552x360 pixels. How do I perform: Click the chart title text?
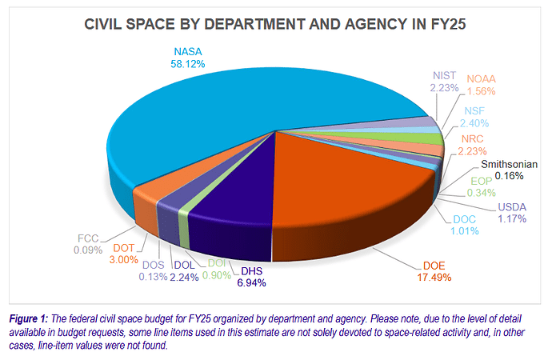[x=276, y=26]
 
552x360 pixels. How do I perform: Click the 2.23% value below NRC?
[x=471, y=152]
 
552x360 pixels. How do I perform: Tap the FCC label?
[x=89, y=238]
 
